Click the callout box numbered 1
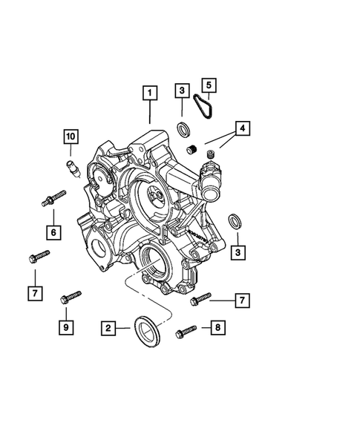(150, 93)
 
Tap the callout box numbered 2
(108, 327)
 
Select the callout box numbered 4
(242, 128)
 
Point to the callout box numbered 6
(53, 233)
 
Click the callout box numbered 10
(70, 137)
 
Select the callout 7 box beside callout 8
(242, 300)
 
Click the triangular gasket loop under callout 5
(202, 108)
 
